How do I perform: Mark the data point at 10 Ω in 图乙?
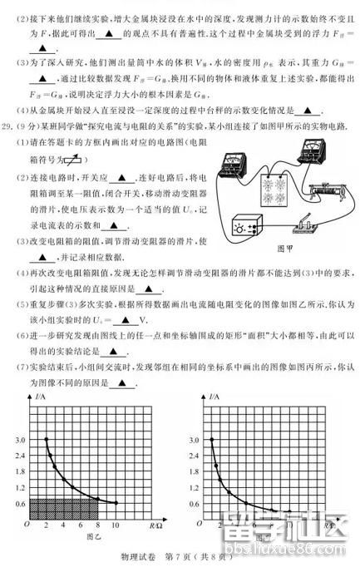tap(115, 502)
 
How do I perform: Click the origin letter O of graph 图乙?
tap(27, 526)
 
